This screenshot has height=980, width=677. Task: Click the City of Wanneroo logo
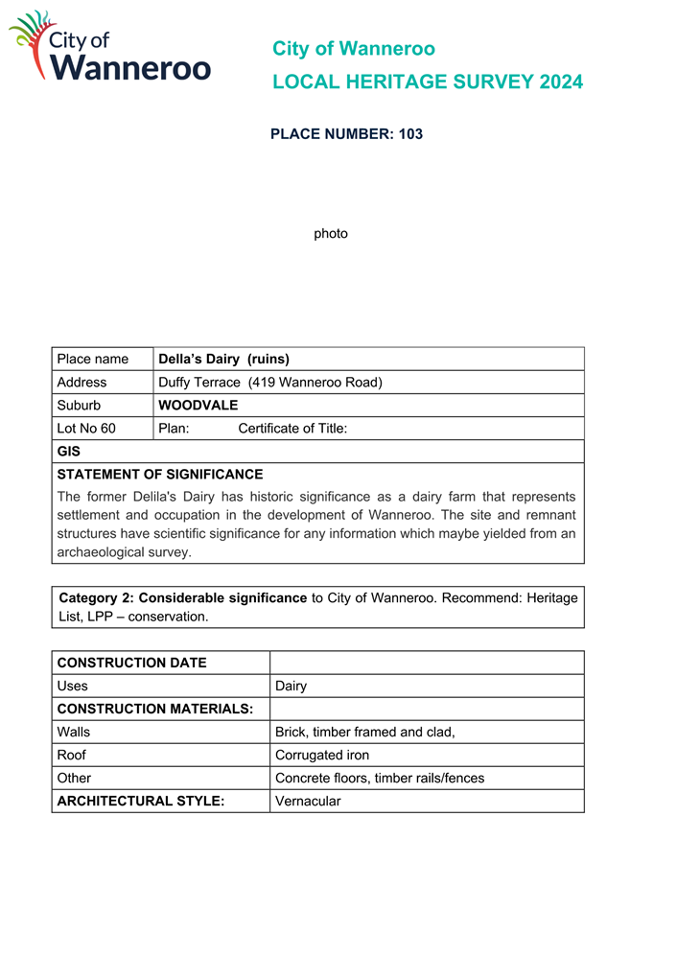[109, 47]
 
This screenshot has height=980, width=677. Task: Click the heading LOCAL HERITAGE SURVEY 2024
[427, 82]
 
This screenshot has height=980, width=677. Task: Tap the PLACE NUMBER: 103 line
[346, 134]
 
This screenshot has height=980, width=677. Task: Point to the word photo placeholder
[331, 234]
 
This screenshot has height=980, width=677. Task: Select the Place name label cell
[93, 360]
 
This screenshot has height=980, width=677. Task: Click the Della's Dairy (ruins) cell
[224, 360]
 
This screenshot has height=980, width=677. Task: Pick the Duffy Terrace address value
[270, 383]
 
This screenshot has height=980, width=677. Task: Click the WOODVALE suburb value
[198, 406]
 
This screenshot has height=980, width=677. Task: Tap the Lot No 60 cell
[86, 429]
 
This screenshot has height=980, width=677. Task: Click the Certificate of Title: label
[292, 429]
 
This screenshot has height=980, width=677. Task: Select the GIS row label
[69, 452]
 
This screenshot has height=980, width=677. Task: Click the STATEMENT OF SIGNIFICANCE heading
[160, 475]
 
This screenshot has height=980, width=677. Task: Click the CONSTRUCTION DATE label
[132, 664]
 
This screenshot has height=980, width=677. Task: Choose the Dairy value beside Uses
[291, 687]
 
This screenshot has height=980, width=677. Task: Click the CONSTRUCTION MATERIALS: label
[155, 710]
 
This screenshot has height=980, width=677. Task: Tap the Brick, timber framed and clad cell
[364, 733]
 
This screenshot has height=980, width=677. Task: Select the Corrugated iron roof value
[322, 756]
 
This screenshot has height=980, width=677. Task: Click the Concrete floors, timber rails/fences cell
[380, 779]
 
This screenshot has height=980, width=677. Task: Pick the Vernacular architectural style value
[308, 802]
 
